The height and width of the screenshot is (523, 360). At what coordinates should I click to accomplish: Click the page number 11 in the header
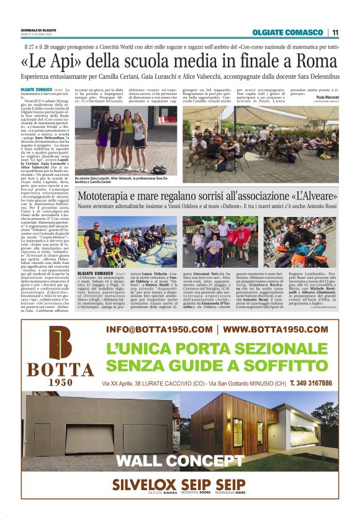(335, 32)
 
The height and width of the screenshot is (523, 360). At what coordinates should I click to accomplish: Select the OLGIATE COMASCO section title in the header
(287, 32)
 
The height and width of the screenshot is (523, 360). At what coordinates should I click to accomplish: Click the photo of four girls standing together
(125, 140)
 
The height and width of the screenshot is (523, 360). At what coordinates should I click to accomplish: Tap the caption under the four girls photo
(125, 180)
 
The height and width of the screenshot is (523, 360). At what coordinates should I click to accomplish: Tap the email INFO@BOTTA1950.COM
(159, 329)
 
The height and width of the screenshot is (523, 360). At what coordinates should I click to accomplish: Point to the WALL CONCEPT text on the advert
(180, 460)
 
